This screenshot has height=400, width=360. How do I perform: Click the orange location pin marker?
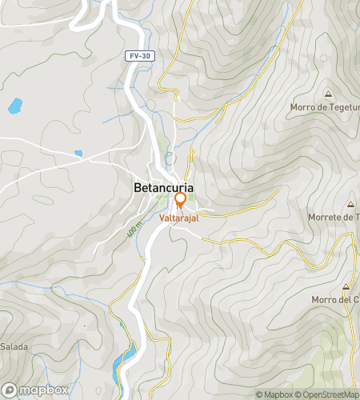[x=180, y=199]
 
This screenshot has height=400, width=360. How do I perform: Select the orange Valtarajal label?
[x=179, y=217]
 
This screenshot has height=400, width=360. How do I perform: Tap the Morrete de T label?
[x=333, y=217]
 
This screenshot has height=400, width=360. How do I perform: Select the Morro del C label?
[x=334, y=300]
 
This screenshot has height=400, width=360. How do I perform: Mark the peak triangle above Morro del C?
[x=346, y=286]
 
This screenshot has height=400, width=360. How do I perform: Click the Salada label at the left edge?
[x=14, y=346]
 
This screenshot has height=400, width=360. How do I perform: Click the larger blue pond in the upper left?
[x=14, y=105]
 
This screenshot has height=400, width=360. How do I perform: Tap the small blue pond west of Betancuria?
[x=78, y=154]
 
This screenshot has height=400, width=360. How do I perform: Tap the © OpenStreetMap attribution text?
[x=328, y=394]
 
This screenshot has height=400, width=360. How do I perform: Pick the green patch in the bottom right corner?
[x=332, y=344]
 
